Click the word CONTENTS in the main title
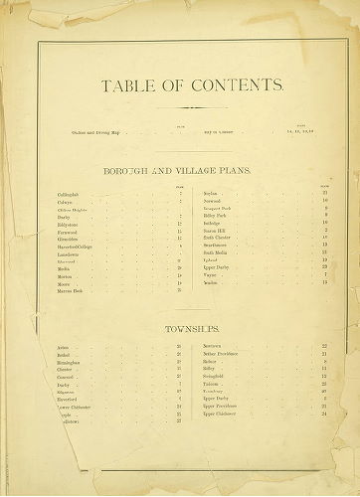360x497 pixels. pos(228,87)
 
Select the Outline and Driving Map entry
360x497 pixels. pos(95,131)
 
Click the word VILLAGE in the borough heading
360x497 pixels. pos(197,171)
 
